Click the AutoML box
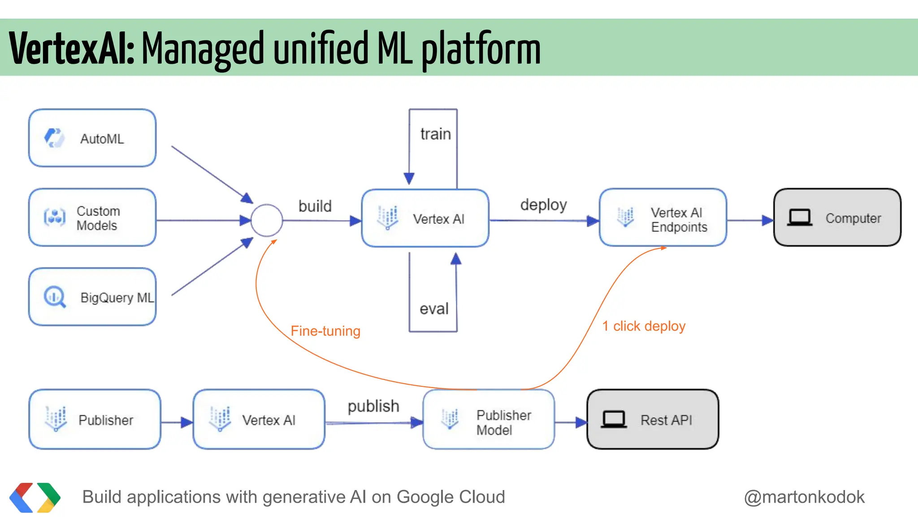click(92, 138)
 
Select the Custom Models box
click(92, 218)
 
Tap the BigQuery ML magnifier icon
click(55, 297)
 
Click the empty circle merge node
click(267, 220)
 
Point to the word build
click(315, 206)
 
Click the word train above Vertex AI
click(435, 134)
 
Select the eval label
click(433, 309)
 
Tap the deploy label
click(543, 205)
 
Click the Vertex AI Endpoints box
click(663, 218)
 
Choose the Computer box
click(837, 218)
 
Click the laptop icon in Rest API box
click(614, 419)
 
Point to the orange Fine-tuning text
click(325, 331)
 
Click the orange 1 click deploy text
click(644, 326)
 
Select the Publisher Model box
click(489, 420)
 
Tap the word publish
click(373, 406)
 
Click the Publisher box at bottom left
click(95, 420)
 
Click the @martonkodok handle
click(804, 497)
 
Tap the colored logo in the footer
click(35, 497)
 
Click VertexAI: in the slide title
click(72, 48)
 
